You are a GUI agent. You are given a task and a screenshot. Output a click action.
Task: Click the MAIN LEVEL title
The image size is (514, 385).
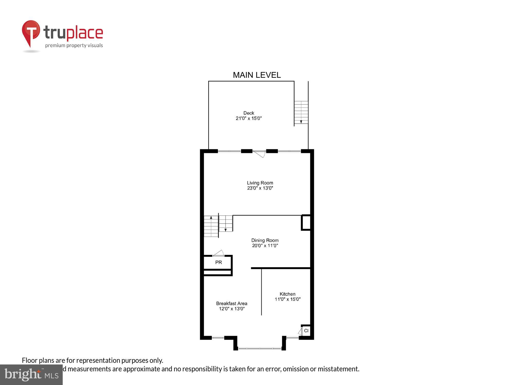pos(257,75)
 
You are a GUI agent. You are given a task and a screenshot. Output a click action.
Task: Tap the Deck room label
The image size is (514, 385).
pos(249,113)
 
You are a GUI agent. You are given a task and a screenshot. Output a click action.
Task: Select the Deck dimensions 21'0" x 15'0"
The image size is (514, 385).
pos(249,118)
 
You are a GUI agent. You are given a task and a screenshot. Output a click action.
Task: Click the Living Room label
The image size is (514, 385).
pos(260,183)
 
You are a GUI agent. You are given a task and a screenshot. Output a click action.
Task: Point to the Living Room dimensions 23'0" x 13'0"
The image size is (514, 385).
pos(260,188)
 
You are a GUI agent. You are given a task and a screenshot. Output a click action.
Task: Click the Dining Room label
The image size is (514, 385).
pos(265,240)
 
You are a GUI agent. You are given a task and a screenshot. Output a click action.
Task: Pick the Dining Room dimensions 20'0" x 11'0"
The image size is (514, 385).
pos(265,246)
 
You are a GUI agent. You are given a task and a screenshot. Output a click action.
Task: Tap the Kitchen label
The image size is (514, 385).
pos(287,294)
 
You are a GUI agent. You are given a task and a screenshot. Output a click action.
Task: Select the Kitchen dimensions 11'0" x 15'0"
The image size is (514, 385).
pos(287,299)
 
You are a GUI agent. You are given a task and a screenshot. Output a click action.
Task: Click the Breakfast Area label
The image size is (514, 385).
pos(232,303)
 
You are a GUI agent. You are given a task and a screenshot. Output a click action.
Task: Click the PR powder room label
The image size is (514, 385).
pos(218,262)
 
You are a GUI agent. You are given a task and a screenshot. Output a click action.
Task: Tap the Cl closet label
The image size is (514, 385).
pos(306,331)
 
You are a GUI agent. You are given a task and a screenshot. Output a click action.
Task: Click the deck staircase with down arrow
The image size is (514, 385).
pos(301,112)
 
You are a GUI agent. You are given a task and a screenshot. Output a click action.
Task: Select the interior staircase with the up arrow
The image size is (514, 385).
pos(211,226)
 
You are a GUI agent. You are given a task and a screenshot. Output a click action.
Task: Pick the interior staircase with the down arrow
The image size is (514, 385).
pos(226,224)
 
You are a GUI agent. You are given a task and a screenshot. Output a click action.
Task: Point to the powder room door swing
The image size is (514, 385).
pos(219,253)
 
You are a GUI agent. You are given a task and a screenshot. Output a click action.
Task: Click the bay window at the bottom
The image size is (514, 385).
pos(260,348)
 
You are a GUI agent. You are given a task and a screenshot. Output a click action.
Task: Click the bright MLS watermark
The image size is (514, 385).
pos(31,375)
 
